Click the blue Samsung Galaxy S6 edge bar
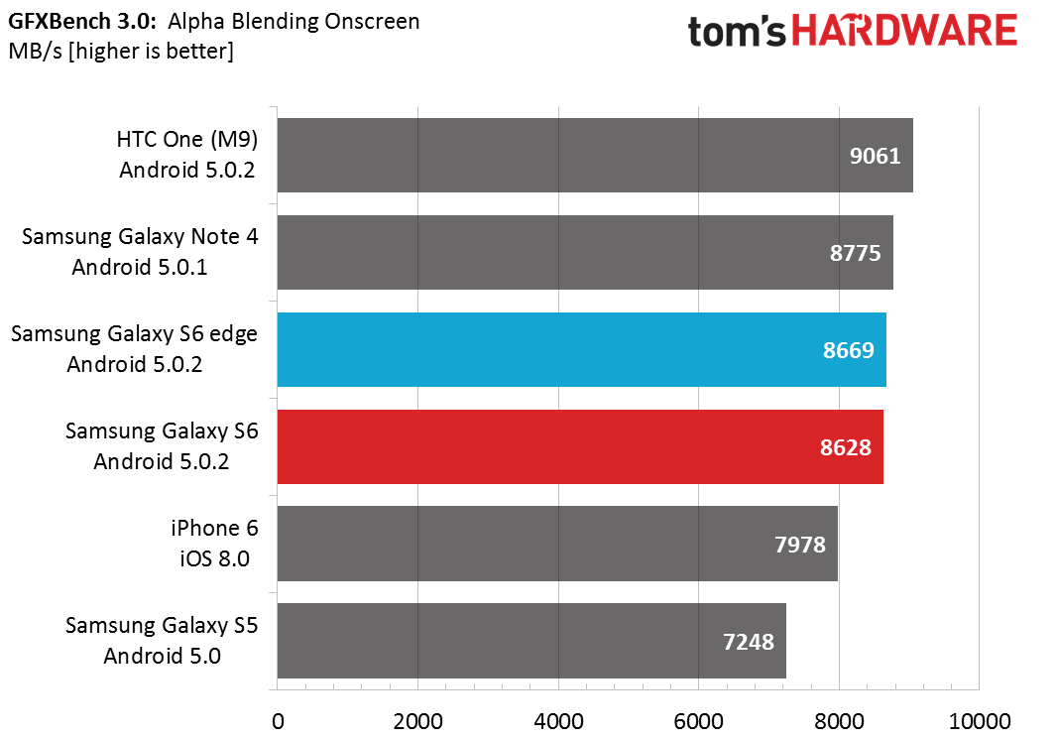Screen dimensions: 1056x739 [x=581, y=349]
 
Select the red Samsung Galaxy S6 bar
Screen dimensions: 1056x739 [x=580, y=446]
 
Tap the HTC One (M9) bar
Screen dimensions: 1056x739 [x=595, y=156]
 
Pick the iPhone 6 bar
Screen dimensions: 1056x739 [x=557, y=544]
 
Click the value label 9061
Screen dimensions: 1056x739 [x=875, y=156]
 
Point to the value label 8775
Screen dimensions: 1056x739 [x=855, y=253]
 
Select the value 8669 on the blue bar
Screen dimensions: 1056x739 [x=848, y=349]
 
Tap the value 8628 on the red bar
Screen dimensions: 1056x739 [x=845, y=446]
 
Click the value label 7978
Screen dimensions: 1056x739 [x=799, y=544]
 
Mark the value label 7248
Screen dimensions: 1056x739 [x=749, y=642]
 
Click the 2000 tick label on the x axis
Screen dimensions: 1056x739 [x=417, y=721]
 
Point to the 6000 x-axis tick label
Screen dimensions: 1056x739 [x=698, y=721]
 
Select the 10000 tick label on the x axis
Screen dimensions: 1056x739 [x=980, y=721]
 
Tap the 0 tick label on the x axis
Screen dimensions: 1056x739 [x=278, y=721]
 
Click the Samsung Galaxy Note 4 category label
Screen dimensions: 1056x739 [x=140, y=251]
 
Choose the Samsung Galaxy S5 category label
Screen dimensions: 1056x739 [x=162, y=640]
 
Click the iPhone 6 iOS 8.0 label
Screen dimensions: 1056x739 [x=214, y=543]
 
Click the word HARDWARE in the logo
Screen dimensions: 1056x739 [x=903, y=31]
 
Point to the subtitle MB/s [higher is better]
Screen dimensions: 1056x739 [x=121, y=52]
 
